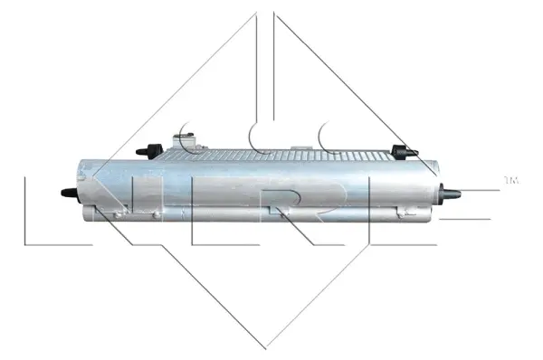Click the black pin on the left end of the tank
(67, 193)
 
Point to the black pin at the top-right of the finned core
(399, 150)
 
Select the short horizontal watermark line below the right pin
(471, 218)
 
